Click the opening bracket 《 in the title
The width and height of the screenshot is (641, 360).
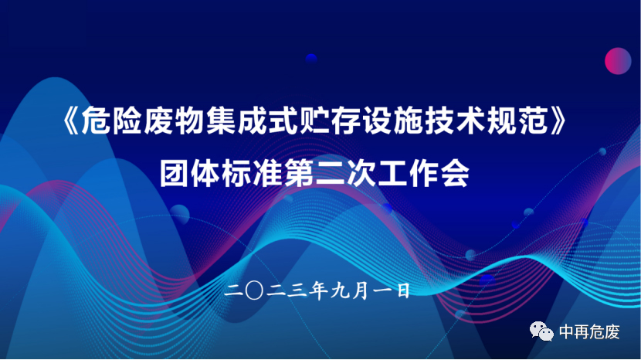pyautogui.click(x=70, y=121)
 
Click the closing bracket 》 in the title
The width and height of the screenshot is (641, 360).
pyautogui.click(x=559, y=121)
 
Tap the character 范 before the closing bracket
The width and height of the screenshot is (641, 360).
pyautogui.click(x=533, y=121)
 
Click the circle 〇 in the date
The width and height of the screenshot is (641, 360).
pyautogui.click(x=254, y=291)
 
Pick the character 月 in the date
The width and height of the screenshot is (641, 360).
pyautogui.click(x=361, y=291)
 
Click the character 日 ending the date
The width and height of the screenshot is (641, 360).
pyautogui.click(x=403, y=291)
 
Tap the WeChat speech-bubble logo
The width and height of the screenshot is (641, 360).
pyautogui.click(x=541, y=331)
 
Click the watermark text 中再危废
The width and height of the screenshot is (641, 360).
pyautogui.click(x=589, y=331)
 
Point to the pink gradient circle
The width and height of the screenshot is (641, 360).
pyautogui.click(x=618, y=61)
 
